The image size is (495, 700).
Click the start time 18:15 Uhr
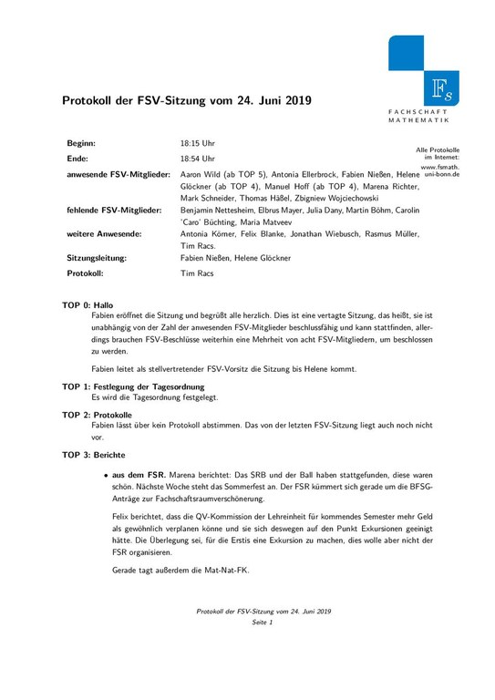click(x=198, y=144)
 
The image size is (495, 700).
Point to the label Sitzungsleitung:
click(x=97, y=258)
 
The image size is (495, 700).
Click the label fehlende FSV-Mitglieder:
click(x=114, y=210)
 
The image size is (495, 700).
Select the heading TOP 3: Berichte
click(x=94, y=454)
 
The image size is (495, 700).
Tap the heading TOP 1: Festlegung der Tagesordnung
click(x=130, y=386)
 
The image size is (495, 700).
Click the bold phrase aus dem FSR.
click(x=143, y=475)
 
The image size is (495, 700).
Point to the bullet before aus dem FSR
click(x=106, y=475)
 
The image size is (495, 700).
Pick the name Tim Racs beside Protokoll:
click(x=197, y=273)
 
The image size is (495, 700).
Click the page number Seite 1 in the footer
click(x=263, y=621)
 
